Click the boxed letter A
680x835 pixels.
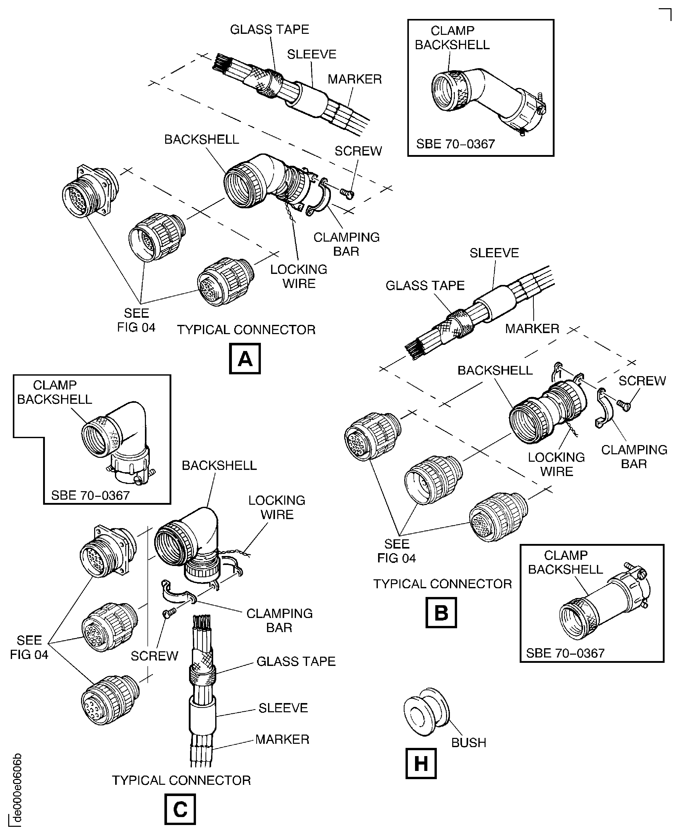(245, 358)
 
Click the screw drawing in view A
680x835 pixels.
(347, 193)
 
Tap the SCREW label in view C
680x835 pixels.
(154, 656)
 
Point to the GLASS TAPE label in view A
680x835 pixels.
(270, 29)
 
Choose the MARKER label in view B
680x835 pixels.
(532, 328)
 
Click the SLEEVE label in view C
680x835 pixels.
(283, 707)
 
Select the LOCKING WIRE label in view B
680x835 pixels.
(556, 464)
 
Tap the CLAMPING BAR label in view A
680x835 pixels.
(346, 244)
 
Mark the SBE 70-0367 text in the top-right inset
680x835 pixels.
(455, 144)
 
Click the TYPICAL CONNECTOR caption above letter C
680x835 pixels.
(181, 780)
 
